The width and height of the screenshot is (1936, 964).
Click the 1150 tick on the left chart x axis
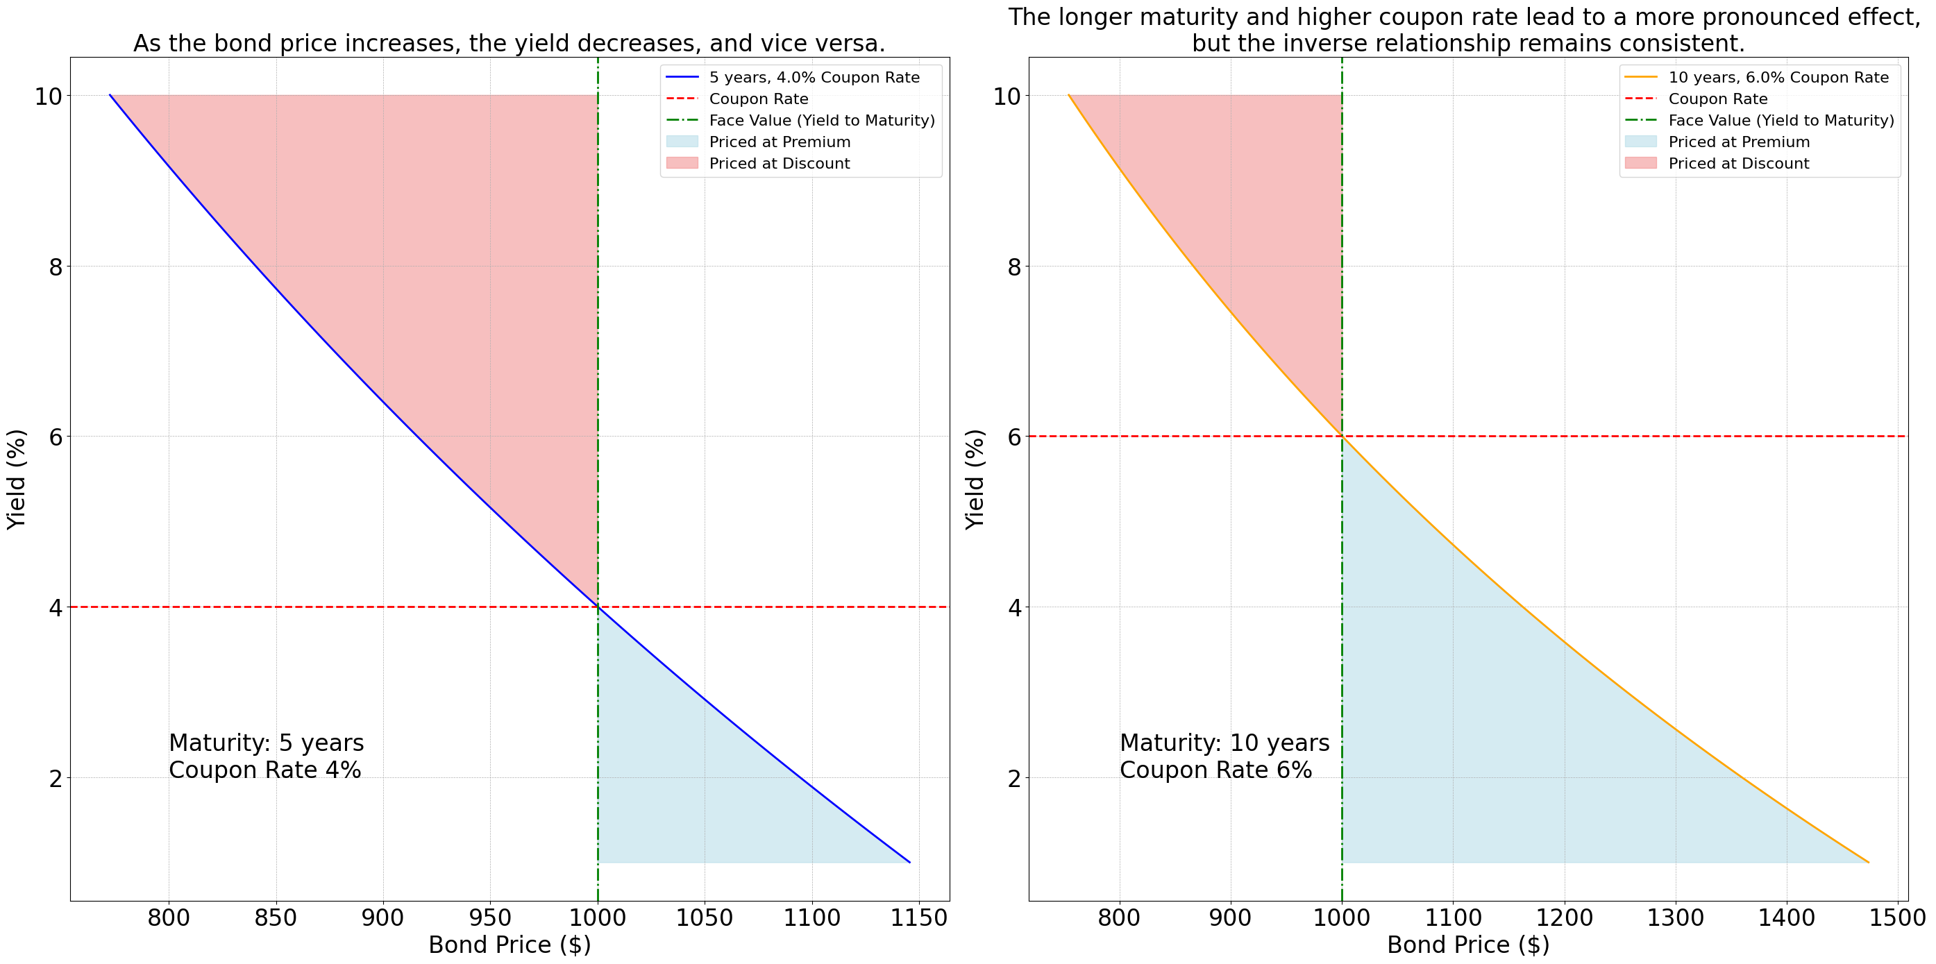pyautogui.click(x=919, y=918)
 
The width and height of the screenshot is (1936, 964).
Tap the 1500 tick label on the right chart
pyautogui.click(x=1897, y=918)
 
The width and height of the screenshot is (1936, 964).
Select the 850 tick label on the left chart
pyautogui.click(x=276, y=918)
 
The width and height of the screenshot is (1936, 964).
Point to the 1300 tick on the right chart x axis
pyautogui.click(x=1675, y=918)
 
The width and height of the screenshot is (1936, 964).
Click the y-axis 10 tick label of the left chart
pyautogui.click(x=48, y=96)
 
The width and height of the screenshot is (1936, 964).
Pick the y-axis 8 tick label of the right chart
pyautogui.click(x=1015, y=267)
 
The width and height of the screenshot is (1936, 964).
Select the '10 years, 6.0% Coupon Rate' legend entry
pyautogui.click(x=1778, y=78)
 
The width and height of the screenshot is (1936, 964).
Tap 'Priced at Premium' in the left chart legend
pyautogui.click(x=780, y=142)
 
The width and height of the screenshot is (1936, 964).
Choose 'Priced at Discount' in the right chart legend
pyautogui.click(x=1738, y=164)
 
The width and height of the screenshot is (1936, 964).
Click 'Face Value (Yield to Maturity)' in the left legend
pyautogui.click(x=821, y=120)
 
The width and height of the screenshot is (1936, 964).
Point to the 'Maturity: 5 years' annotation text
pyautogui.click(x=266, y=743)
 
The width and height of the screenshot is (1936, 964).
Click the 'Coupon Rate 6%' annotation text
pyautogui.click(x=1215, y=770)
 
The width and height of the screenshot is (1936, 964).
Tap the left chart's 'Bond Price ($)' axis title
pyautogui.click(x=510, y=945)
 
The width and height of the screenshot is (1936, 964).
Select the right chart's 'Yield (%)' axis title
pyautogui.click(x=975, y=479)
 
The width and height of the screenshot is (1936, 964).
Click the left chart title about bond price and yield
pyautogui.click(x=510, y=43)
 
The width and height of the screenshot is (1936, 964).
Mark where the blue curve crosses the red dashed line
pyautogui.click(x=598, y=607)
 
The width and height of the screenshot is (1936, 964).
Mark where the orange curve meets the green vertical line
pyautogui.click(x=1342, y=436)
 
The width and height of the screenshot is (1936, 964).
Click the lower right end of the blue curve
pyautogui.click(x=909, y=862)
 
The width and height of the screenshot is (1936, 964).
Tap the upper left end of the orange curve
pyautogui.click(x=1069, y=95)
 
